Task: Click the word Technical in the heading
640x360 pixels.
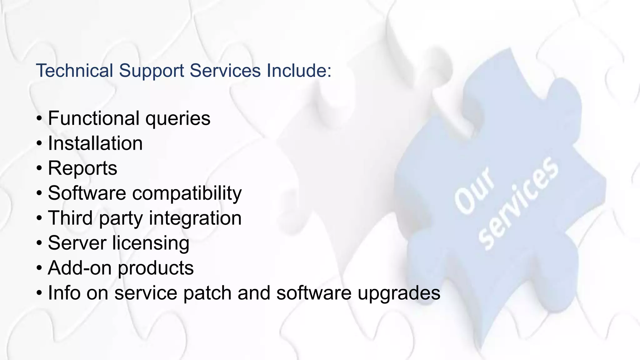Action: click(x=74, y=70)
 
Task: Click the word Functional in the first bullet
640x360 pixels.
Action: click(x=94, y=118)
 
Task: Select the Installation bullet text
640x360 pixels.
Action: click(x=95, y=143)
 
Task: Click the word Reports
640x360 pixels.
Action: click(x=82, y=168)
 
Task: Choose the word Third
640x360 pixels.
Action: click(x=70, y=218)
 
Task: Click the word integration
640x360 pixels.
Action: click(x=195, y=218)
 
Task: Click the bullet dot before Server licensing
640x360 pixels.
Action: click(x=39, y=243)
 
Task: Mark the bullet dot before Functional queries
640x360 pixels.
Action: click(x=39, y=119)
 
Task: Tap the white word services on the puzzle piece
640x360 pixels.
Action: click(x=519, y=203)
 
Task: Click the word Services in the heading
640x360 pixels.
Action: click(x=225, y=70)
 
